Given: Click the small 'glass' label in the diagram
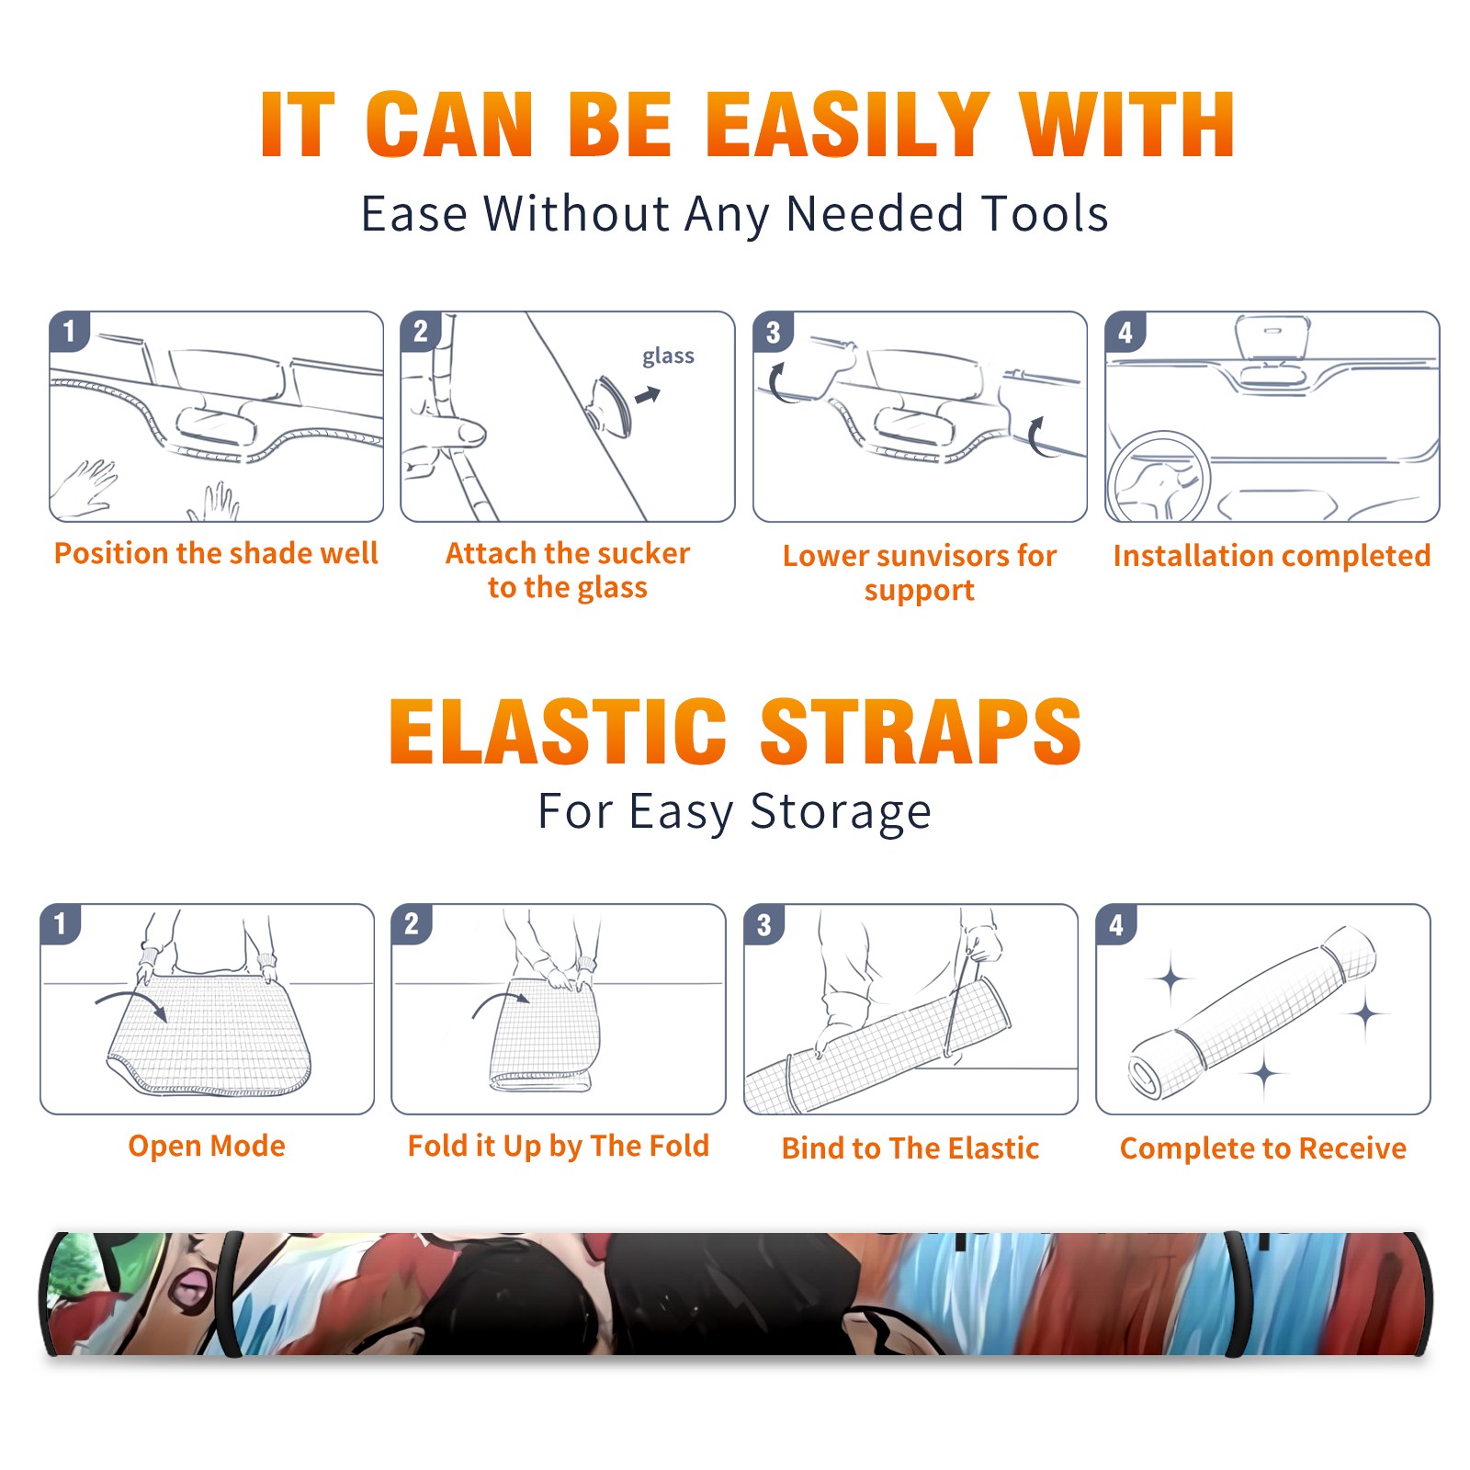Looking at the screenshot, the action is [668, 356].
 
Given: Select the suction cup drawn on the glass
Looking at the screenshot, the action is [610, 405].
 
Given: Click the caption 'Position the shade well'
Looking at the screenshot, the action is [216, 553].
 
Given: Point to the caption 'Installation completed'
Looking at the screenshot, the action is [1272, 556].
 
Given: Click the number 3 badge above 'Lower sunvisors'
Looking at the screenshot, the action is [773, 333].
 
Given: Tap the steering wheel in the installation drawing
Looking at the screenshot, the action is [1159, 478].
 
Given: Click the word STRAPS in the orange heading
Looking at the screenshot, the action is [921, 731].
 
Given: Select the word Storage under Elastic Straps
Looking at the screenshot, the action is [841, 812].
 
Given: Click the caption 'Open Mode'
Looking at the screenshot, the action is [207, 1146].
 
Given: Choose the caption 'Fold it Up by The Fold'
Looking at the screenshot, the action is [559, 1147].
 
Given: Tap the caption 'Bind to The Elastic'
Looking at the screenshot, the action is [910, 1148].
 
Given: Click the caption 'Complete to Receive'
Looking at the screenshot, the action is [1263, 1148].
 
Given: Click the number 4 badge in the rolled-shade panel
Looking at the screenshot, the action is [1116, 925].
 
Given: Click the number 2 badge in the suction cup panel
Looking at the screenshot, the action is [421, 332].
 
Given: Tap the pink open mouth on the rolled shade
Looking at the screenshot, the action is [192, 1286].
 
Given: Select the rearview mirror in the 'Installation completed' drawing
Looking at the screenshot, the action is [1272, 339].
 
